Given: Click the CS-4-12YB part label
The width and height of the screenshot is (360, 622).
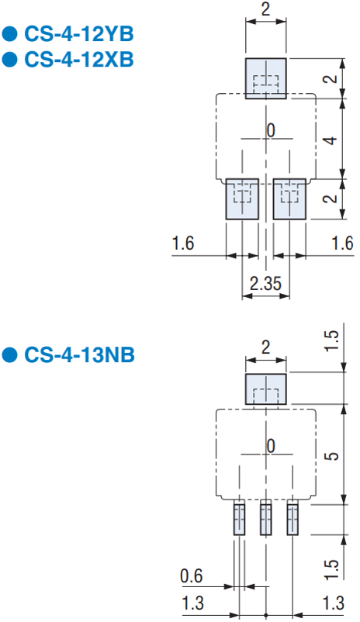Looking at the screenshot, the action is (x=79, y=34).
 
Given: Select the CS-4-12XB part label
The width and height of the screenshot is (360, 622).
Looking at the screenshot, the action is (x=79, y=60).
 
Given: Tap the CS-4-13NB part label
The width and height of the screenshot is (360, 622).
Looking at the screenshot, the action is (x=79, y=354).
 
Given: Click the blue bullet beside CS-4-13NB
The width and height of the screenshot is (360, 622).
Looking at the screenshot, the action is (x=10, y=354).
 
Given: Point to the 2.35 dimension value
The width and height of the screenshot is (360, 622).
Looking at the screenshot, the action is (x=265, y=284).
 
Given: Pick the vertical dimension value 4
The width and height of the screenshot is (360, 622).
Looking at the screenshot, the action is (x=331, y=140).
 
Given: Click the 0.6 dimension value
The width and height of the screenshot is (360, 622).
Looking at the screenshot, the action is (x=192, y=576).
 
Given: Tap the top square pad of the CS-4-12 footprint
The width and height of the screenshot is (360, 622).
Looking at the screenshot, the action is (x=266, y=78).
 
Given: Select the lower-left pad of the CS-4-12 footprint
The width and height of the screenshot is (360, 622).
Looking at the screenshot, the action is (x=242, y=199).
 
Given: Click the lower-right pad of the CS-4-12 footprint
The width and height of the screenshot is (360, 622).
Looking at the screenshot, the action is (x=289, y=199).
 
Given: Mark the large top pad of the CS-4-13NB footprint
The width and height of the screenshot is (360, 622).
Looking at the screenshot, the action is (x=266, y=389).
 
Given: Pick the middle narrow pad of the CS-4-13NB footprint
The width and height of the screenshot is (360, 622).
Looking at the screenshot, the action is (x=266, y=520).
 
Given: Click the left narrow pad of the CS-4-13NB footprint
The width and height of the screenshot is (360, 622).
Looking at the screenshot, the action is (x=239, y=520).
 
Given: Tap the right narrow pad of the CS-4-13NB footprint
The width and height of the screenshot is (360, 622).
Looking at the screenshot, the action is (x=292, y=520).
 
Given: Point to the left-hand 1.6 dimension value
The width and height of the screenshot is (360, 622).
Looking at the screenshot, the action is (x=183, y=243).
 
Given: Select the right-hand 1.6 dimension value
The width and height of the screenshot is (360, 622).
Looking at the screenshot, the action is (x=342, y=243).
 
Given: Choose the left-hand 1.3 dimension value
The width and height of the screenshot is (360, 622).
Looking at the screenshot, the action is (x=193, y=603).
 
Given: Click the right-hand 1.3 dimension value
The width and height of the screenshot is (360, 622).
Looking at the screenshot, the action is (x=334, y=603).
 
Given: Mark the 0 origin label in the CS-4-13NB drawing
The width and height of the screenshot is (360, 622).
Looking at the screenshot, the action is (x=271, y=446).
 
